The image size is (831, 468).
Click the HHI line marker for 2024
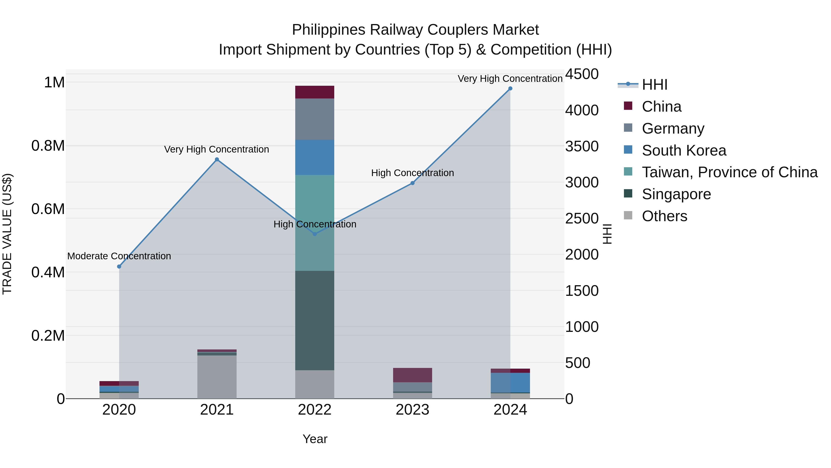(510, 89)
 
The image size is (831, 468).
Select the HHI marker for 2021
(217, 159)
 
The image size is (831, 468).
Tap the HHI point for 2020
(119, 266)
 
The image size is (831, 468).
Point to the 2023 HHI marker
(412, 183)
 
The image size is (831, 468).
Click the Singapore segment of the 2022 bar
(315, 320)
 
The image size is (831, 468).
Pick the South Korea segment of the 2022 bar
(315, 157)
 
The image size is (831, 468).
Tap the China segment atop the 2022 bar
(315, 92)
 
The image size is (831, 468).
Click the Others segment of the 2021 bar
(217, 377)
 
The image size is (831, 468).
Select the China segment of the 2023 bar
(412, 375)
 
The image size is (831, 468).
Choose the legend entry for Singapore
(676, 194)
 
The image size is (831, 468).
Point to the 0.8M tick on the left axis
(48, 146)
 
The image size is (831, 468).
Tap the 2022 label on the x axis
(315, 410)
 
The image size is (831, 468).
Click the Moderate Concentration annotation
(119, 256)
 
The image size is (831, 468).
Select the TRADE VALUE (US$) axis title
(7, 234)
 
